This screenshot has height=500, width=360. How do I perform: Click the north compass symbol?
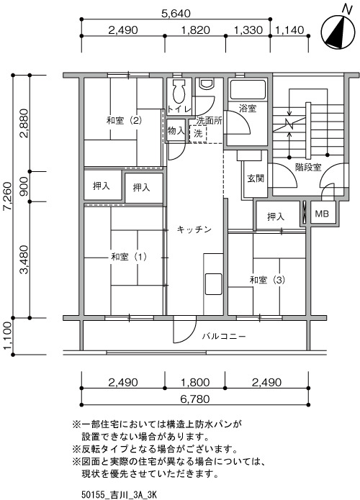point(338,31)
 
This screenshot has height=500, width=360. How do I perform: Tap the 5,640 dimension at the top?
point(176,14)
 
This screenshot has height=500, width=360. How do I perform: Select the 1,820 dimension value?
point(195,30)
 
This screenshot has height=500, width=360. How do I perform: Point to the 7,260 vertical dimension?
point(7,196)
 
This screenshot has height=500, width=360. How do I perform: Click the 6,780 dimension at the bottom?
point(195,399)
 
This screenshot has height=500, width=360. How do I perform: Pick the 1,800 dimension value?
point(195,382)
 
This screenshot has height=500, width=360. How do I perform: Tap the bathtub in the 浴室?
point(248,90)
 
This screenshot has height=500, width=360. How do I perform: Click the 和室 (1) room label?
point(129,256)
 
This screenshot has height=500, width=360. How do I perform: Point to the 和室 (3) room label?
point(267,280)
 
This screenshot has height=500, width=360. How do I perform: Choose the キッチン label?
point(194,229)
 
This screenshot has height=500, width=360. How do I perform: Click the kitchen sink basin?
point(214,283)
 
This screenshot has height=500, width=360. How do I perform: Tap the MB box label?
point(322,214)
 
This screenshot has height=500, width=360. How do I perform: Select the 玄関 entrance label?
point(256,178)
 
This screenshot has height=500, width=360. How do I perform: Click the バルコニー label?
point(224,336)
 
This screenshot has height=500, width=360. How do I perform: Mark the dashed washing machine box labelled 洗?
point(198,134)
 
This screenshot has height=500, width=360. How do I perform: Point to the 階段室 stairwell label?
point(308,167)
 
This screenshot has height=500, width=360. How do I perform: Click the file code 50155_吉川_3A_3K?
point(119,494)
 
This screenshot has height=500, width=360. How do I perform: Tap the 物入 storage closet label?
point(176,130)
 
